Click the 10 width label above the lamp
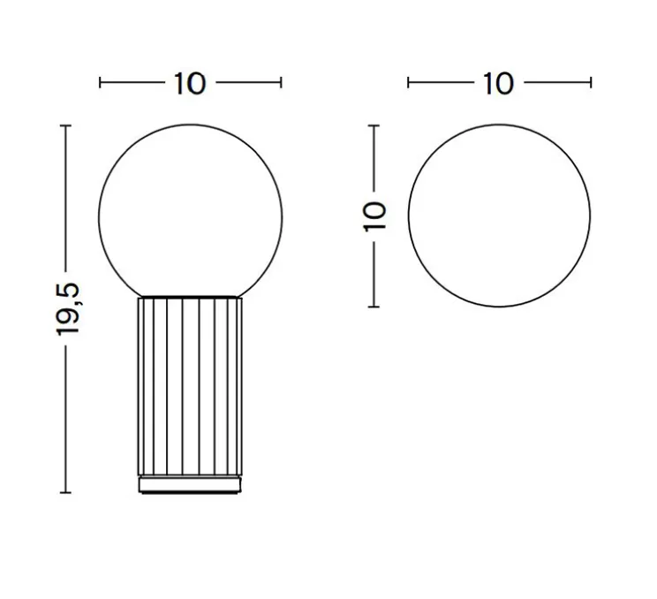click(x=190, y=84)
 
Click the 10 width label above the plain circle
click(x=499, y=84)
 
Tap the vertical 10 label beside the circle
click(x=374, y=215)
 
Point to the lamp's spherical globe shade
click(x=191, y=209)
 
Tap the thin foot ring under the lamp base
click(x=191, y=484)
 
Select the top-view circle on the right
click(x=499, y=216)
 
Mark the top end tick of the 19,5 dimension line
click(x=64, y=126)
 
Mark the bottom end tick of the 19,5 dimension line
click(x=64, y=492)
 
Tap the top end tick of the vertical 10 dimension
click(x=374, y=125)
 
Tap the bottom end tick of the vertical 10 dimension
click(x=374, y=307)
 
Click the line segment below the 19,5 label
click(x=64, y=415)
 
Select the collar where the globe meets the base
click(x=191, y=296)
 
